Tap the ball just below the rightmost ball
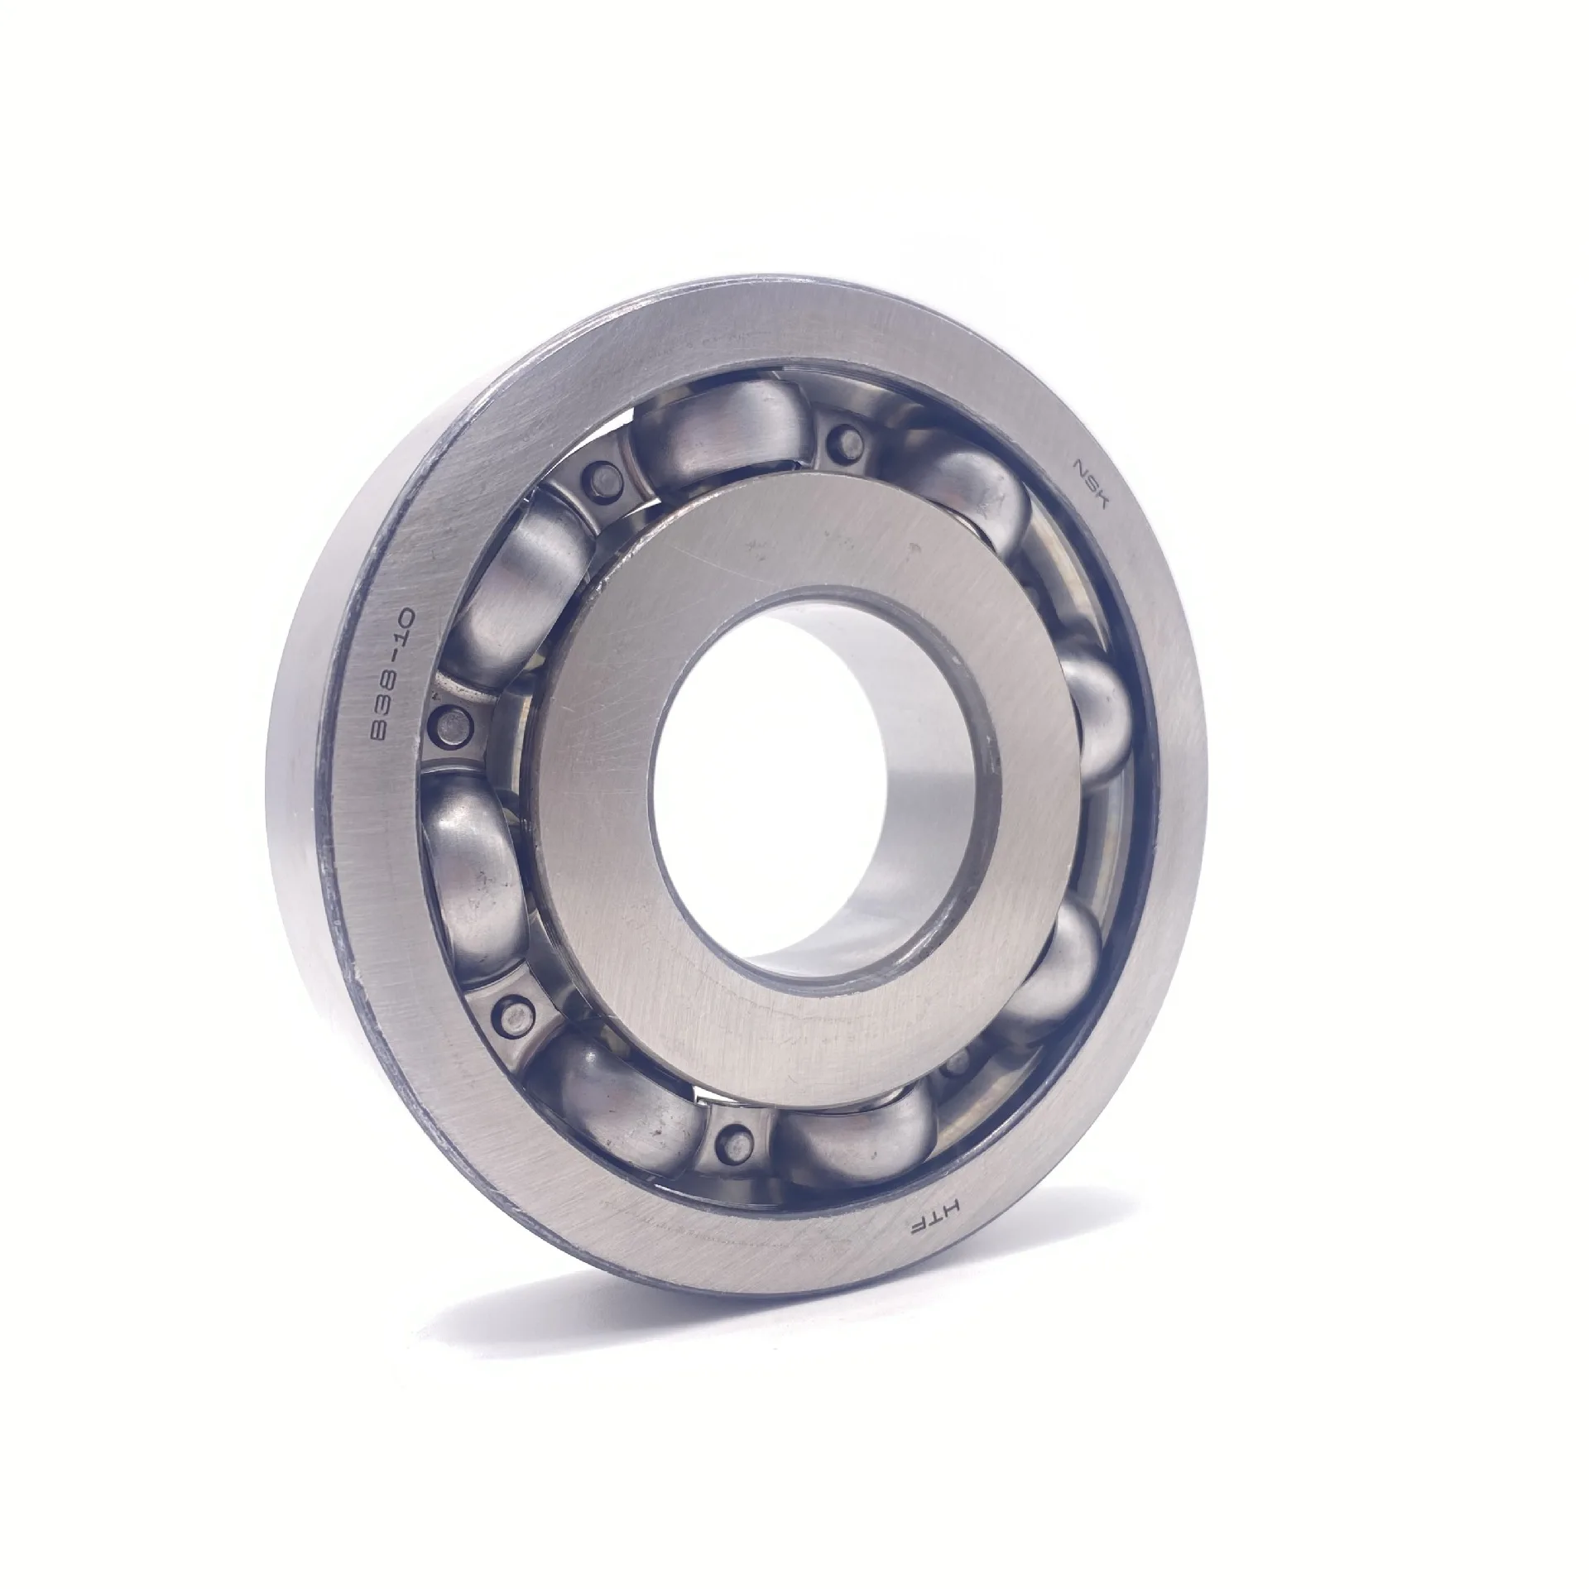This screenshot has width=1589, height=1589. (1055, 960)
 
